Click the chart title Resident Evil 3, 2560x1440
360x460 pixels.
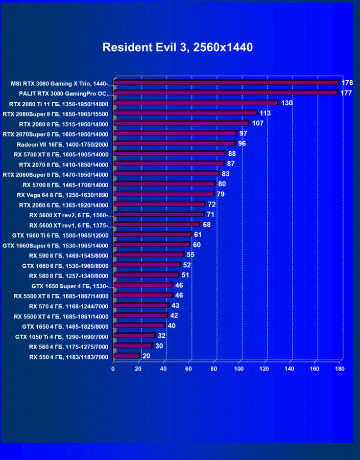click(x=178, y=48)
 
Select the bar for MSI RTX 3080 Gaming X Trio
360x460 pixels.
click(x=226, y=82)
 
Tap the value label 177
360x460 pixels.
click(x=346, y=93)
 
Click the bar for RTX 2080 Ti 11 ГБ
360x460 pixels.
click(x=196, y=103)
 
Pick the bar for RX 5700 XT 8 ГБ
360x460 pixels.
click(x=169, y=153)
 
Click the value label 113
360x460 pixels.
click(x=265, y=113)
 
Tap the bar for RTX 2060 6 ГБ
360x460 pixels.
click(x=159, y=204)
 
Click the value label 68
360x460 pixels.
click(x=207, y=224)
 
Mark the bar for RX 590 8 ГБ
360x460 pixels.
click(x=148, y=255)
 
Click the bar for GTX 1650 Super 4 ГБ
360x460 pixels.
click(x=143, y=285)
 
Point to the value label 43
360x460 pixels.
click(x=175, y=306)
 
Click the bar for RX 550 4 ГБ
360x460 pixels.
click(x=126, y=356)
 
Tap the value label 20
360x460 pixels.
click(x=147, y=356)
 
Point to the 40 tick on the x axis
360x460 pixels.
click(x=163, y=368)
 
